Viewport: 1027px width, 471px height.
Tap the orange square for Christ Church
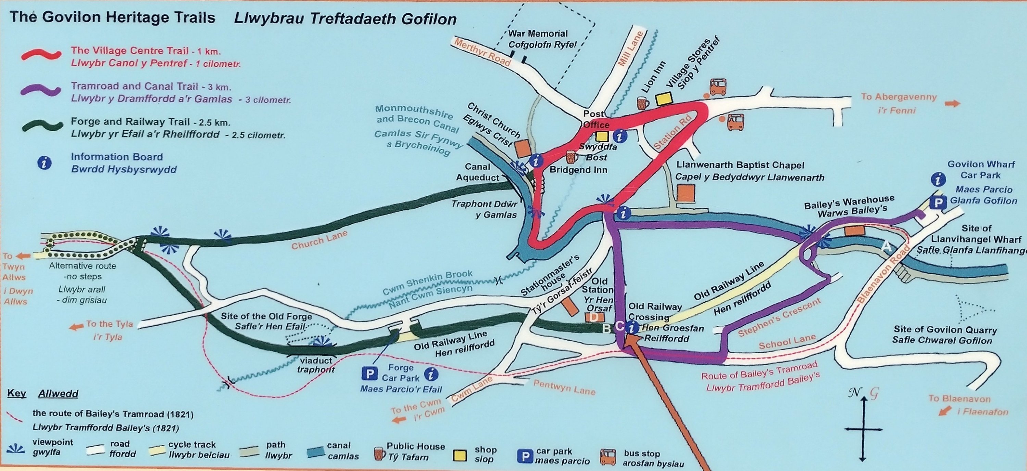click(522, 148)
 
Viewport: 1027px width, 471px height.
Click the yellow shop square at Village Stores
click(664, 99)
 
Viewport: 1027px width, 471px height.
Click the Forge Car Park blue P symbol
click(369, 374)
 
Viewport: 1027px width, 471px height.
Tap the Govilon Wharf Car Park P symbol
click(938, 203)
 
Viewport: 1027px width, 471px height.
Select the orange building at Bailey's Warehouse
click(854, 231)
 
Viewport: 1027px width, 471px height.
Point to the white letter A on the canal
click(886, 246)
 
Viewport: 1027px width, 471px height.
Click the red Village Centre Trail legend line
click(41, 55)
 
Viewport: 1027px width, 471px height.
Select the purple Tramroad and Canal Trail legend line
click(41, 90)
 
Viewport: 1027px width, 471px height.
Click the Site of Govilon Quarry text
click(945, 335)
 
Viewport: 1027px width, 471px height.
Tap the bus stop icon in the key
click(608, 457)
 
